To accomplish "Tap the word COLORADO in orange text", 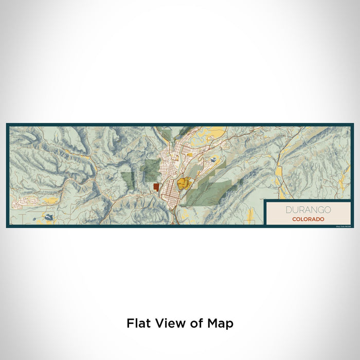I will (308, 219).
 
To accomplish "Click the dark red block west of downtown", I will (156, 187).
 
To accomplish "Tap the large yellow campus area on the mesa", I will (184, 183).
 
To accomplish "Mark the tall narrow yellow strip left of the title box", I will (250, 214).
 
